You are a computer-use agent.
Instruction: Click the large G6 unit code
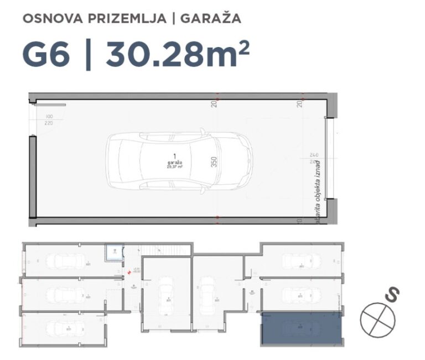click(46, 54)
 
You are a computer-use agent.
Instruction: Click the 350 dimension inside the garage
click(214, 162)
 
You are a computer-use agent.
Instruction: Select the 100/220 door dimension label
click(49, 120)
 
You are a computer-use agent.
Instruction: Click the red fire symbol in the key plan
click(129, 271)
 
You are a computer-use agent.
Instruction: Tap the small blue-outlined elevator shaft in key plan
click(113, 253)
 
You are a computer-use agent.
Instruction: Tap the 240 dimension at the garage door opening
click(314, 155)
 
